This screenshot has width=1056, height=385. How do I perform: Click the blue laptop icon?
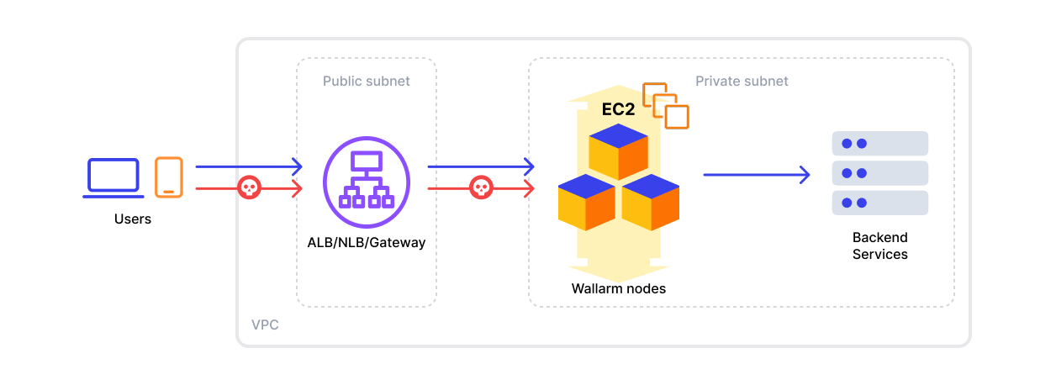coord(113,178)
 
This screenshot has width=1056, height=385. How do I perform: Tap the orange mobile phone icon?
coord(169,177)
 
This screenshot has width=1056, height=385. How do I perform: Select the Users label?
coord(133,219)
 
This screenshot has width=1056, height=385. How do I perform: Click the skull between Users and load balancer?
coord(249,187)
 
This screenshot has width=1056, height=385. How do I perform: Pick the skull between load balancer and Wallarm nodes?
coord(480,187)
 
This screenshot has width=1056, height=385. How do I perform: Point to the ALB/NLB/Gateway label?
coord(367,243)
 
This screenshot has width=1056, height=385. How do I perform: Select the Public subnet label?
coord(367,82)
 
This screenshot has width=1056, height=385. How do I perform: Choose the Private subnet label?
coord(742,82)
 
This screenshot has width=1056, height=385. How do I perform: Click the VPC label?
coord(265,324)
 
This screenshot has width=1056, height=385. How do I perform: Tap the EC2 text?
coord(618,109)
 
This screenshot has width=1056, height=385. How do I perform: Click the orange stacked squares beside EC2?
coord(666,105)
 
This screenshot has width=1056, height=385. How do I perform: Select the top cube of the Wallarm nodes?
coord(618,151)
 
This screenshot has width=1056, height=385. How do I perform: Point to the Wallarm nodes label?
coord(619,289)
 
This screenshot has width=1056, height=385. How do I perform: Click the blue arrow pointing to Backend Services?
coord(756,175)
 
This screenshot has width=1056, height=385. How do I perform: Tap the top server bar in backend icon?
coord(879,144)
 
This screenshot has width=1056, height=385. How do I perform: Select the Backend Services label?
coord(879,246)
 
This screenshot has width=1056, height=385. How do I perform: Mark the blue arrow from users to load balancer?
coord(248,167)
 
